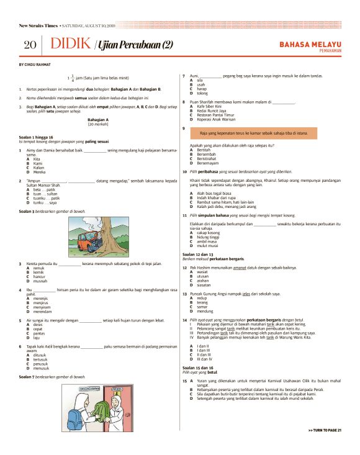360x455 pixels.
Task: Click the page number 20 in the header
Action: tap(30, 45)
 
